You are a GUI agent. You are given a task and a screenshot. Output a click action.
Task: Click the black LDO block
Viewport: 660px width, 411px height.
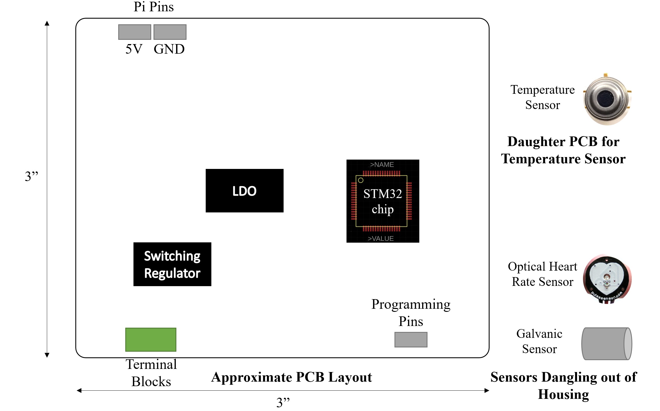tap(244, 191)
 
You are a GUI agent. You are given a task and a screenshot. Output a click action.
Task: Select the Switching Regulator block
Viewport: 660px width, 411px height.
tap(172, 264)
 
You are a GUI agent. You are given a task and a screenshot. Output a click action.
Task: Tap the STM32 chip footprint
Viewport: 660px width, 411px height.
tap(383, 201)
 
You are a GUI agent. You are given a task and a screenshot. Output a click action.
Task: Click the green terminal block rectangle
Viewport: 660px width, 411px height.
tap(151, 340)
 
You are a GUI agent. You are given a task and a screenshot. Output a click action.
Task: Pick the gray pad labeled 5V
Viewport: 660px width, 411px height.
tap(135, 32)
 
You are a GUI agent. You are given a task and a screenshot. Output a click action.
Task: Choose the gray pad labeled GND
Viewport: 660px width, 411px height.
tap(170, 32)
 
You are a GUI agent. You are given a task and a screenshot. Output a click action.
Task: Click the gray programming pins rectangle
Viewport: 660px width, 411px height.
tap(411, 340)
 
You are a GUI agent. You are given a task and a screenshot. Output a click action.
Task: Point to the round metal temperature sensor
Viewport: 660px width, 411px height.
tap(607, 99)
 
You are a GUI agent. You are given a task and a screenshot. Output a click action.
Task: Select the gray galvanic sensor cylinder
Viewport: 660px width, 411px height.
tap(607, 343)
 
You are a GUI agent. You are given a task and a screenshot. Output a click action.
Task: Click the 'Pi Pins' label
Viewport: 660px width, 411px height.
tap(154, 7)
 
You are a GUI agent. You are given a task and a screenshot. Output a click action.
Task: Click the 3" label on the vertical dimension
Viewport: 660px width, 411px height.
tap(31, 176)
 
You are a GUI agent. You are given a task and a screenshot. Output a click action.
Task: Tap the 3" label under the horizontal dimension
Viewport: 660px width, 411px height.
tap(283, 402)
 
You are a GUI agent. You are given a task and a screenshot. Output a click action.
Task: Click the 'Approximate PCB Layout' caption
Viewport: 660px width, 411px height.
tap(291, 377)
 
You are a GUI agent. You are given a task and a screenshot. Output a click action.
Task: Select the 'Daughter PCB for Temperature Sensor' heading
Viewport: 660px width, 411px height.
tap(563, 150)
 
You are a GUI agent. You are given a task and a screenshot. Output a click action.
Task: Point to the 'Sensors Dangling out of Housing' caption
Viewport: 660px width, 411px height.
tap(563, 386)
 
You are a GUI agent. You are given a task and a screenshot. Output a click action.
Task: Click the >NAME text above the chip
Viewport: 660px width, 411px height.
tap(382, 165)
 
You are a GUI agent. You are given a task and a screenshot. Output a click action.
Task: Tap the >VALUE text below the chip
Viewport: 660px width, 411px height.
tap(381, 239)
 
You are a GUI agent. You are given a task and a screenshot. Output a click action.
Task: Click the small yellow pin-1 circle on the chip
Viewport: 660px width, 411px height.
tap(361, 180)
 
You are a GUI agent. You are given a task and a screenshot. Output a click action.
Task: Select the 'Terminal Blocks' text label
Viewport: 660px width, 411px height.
tap(151, 373)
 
